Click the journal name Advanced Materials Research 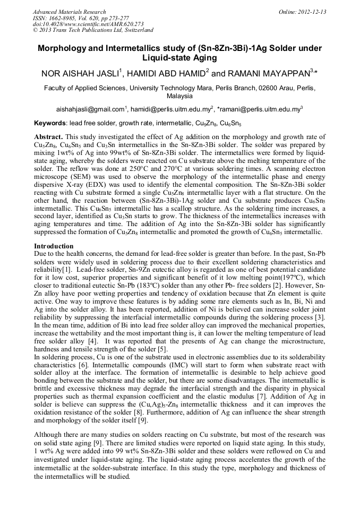coord(70,12)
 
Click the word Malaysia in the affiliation coord(179,97)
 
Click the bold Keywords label coord(50,123)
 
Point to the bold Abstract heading coord(48,136)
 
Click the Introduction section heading coord(54,246)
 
